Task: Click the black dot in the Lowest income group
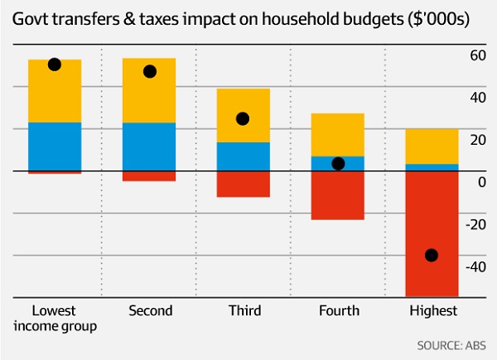55,65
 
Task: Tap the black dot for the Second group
150,71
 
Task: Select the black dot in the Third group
243,119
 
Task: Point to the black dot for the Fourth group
338,164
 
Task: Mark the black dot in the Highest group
432,255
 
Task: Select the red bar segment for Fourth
338,195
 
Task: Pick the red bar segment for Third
244,184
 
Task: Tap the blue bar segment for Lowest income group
55,146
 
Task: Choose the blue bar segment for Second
149,146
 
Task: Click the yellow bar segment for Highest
432,146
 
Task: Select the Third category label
244,311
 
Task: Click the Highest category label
432,311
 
